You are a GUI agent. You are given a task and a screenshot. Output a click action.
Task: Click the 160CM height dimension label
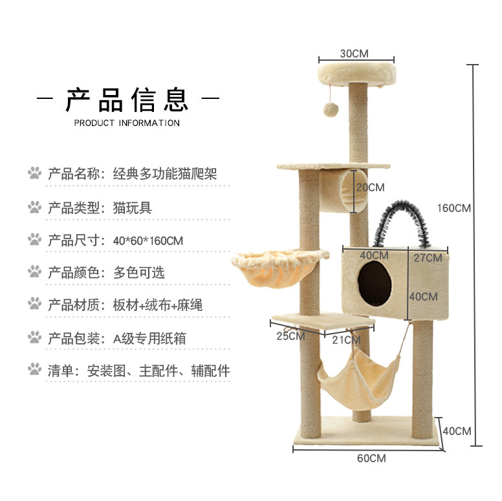453,208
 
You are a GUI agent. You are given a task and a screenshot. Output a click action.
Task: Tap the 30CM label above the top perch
355,54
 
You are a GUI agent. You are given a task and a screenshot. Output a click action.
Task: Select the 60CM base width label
371,458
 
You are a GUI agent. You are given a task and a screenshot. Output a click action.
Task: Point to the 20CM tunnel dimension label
371,187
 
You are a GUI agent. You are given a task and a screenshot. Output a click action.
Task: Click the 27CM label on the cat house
428,258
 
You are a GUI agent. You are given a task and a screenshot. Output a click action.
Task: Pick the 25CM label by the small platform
290,336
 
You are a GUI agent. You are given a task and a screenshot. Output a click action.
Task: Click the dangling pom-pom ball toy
332,108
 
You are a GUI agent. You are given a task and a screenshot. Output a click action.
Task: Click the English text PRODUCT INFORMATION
127,123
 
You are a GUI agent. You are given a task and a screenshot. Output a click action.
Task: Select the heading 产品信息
127,100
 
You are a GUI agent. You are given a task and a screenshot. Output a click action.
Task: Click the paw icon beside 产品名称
34,173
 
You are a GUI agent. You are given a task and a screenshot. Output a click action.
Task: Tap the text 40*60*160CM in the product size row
147,240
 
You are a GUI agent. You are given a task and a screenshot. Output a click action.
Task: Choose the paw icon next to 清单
34,370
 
